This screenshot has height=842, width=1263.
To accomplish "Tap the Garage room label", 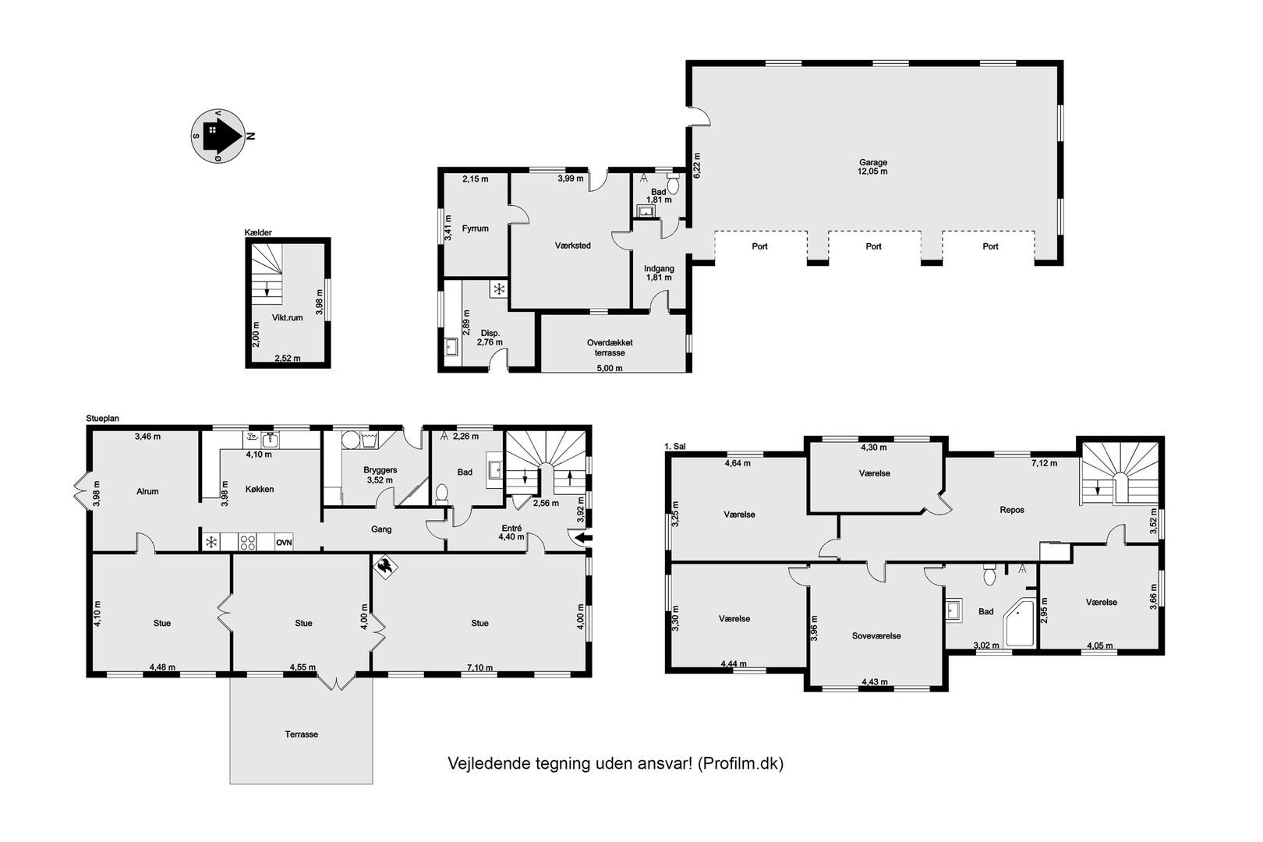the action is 872,162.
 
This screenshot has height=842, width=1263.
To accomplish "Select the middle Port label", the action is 873,246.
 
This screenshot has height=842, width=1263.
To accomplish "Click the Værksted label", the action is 573,246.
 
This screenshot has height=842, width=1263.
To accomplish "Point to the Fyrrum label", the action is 476,228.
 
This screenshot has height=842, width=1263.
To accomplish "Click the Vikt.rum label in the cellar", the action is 288,317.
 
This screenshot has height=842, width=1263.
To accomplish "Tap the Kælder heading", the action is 258,232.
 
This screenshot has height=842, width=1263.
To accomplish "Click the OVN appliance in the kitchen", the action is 284,543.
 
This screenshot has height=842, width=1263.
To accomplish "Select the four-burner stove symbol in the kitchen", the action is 247,543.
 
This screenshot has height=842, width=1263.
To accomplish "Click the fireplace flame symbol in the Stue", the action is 386,567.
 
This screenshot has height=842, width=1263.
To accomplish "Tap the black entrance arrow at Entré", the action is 586,538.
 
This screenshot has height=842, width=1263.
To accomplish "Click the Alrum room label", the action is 147,491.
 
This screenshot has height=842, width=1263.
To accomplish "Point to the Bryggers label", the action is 380,470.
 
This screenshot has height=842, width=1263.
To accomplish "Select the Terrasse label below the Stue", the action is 302,734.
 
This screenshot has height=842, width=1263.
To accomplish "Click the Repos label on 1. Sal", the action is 1012,510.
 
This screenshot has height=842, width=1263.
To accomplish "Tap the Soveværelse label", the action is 876,635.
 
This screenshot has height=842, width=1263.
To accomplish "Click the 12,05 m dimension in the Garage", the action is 873,172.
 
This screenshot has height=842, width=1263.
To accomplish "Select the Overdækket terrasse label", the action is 610,348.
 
